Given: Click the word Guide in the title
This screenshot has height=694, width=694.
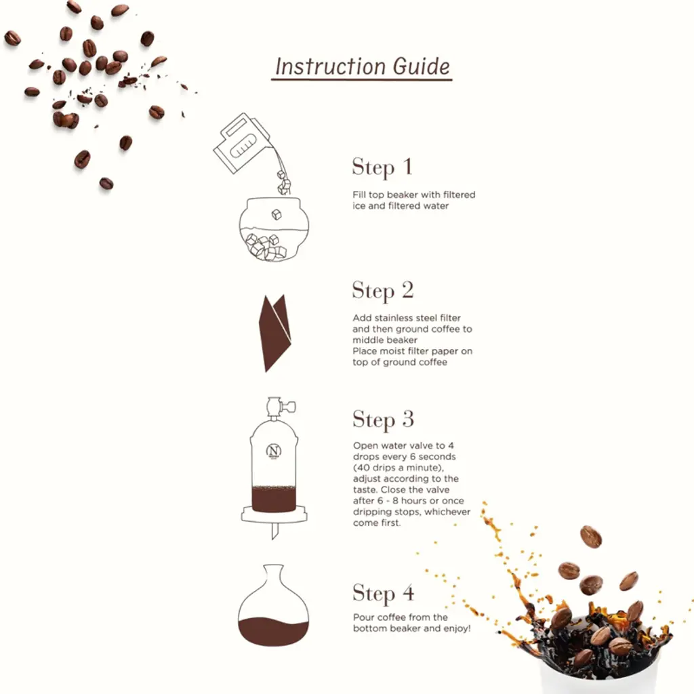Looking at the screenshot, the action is pos(422,66).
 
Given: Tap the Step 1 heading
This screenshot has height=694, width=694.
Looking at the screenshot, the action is pos(382,167).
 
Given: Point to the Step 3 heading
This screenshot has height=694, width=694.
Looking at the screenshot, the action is pos(384,420).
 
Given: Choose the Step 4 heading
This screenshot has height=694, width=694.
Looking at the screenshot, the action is pos(384,593).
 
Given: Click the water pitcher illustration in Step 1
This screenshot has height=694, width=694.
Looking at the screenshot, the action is pos(242,142).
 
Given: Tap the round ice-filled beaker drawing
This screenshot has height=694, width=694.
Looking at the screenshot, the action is pos(274,229).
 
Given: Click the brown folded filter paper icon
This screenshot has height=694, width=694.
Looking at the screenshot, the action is pos(275,333).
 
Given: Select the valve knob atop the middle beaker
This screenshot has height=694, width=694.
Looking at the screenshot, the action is pos(289,405).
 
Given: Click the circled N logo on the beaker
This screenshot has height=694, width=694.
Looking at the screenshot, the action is pos(274,451).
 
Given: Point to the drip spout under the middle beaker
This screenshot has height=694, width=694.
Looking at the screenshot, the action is pos(274,531).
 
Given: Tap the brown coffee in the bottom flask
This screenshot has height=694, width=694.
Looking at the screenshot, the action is pos(273,631).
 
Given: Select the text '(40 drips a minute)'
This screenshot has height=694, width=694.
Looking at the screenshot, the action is pos(399,468).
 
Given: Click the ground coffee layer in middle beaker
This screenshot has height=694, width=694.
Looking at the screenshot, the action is pos(274,499).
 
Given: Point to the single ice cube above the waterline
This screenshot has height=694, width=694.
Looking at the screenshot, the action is pos(277,215).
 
